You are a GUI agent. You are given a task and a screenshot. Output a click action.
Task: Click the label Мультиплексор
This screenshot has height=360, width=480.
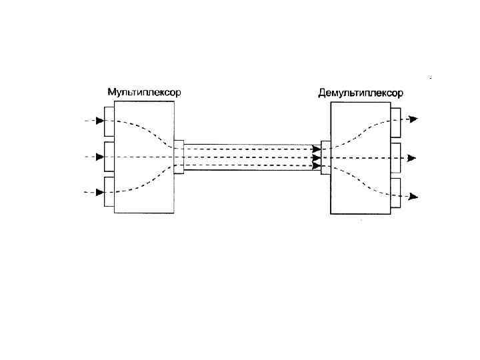(144, 92)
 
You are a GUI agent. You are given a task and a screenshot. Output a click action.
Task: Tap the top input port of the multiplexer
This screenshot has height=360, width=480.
(109, 121)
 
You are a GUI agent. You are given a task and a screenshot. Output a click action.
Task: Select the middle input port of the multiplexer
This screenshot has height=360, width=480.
(109, 157)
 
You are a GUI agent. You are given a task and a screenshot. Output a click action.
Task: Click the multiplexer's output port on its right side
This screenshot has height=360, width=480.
(179, 157)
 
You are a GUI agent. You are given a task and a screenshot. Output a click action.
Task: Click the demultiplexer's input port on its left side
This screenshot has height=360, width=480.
(325, 157)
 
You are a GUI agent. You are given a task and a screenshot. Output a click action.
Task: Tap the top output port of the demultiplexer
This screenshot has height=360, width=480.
(395, 120)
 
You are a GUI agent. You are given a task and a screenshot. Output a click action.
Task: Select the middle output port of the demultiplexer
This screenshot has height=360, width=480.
(395, 157)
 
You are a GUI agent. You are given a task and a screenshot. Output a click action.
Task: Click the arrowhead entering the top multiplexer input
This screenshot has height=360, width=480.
(100, 121)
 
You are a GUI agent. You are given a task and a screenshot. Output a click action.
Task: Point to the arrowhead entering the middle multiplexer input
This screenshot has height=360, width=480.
(100, 157)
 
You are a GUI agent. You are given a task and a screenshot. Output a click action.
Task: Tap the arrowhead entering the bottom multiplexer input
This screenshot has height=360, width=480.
(100, 192)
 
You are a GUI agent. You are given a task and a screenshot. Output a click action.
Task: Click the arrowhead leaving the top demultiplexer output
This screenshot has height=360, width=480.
(413, 119)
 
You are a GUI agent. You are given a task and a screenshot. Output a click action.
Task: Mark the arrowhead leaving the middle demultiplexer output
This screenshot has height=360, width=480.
(412, 158)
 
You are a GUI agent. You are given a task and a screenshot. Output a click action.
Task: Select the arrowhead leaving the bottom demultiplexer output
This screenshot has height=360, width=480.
(413, 196)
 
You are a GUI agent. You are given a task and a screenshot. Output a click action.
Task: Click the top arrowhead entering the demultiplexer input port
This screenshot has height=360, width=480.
(317, 149)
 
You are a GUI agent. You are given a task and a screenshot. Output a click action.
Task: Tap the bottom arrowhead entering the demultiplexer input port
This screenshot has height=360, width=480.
(317, 165)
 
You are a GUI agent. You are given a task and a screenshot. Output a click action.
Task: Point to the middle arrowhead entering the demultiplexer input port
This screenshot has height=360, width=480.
(317, 158)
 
